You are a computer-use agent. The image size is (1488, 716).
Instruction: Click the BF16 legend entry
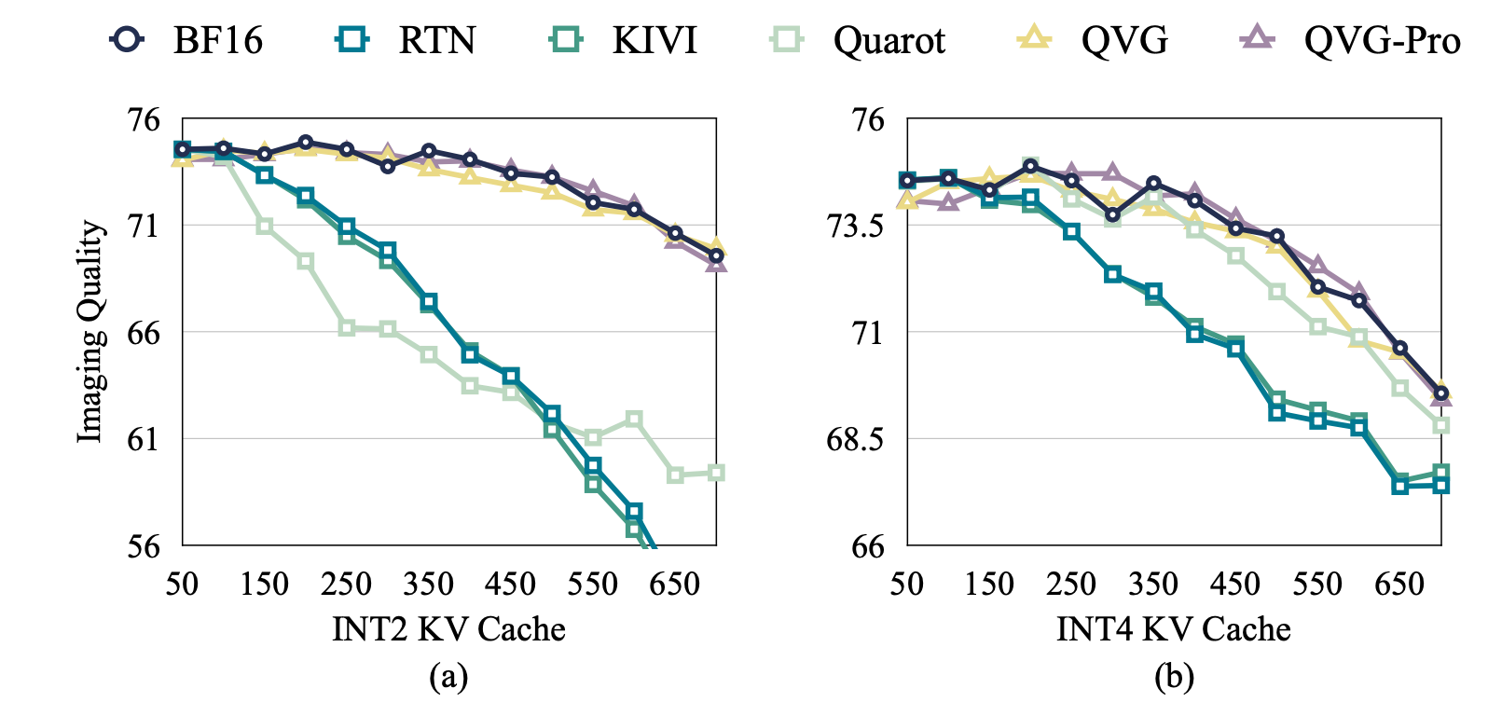pos(186,40)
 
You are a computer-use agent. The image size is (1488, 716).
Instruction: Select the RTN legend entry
pos(406,40)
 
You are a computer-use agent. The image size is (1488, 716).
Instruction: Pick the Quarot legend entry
pos(859,40)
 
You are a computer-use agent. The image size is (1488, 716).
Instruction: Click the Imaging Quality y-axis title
pos(90,332)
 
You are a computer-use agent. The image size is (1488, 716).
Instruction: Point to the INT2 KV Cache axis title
pos(448,629)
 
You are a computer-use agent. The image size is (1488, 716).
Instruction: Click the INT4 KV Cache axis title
pos(1173,629)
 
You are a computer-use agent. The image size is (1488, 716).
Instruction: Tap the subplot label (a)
pos(448,676)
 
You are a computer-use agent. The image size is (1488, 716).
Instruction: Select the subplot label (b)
pos(1173,676)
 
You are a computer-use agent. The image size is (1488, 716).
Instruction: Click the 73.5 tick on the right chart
pos(855,226)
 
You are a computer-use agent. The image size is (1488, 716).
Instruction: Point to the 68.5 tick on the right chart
pos(855,438)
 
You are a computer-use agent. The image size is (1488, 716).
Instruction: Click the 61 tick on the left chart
pos(144,438)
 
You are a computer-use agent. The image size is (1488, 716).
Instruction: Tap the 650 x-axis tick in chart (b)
pos(1399,585)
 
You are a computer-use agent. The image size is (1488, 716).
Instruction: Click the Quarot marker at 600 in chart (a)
pos(634,419)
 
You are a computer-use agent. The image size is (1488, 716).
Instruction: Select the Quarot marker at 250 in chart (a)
pos(347,327)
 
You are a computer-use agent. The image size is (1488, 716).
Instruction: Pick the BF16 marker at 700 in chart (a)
pos(716,255)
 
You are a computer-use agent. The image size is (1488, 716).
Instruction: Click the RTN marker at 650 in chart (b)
pos(1399,486)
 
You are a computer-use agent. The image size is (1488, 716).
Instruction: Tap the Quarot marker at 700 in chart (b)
pos(1440,425)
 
